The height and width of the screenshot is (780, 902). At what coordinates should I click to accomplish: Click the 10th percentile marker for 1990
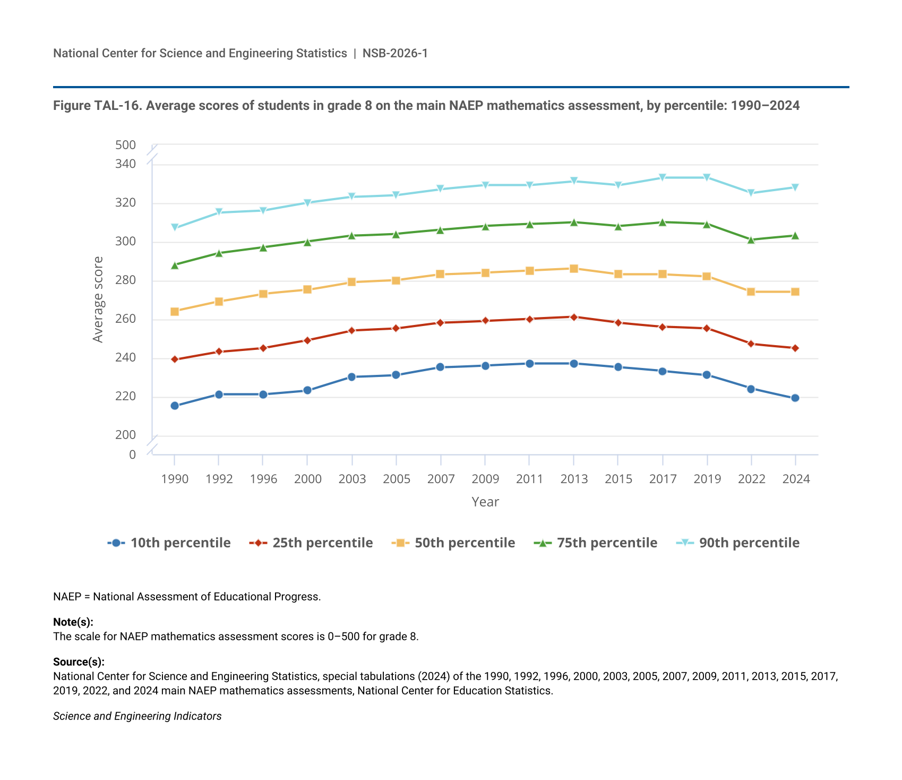175,406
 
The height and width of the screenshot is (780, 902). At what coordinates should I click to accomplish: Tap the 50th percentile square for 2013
574,269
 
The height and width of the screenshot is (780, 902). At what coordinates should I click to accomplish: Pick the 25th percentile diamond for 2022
751,344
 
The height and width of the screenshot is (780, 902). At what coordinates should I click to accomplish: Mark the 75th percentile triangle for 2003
351,235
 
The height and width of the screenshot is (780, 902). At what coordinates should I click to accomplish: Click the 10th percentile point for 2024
795,398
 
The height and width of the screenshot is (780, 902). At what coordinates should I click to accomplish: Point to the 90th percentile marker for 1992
219,212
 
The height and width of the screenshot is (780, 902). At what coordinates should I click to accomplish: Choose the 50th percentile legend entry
453,543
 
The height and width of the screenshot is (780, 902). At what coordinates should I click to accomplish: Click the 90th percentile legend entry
738,543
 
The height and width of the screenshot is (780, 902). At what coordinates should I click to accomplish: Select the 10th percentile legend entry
169,543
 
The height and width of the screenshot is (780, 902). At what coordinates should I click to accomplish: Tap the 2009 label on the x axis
485,479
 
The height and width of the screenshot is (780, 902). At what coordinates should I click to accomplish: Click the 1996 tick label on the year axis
263,479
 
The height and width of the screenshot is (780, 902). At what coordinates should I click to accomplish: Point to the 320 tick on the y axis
126,202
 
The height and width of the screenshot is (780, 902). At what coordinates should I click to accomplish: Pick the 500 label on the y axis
126,145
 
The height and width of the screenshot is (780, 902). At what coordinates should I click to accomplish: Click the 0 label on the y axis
132,455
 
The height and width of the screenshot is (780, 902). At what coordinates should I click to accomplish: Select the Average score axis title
98,299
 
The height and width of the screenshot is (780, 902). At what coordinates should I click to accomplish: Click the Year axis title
485,502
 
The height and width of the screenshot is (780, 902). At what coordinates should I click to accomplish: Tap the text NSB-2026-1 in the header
395,53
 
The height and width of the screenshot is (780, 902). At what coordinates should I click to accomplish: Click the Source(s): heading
79,662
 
